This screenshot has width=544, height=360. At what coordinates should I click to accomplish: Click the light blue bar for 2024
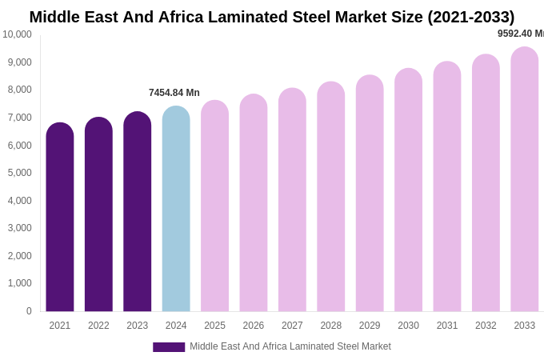point(176,209)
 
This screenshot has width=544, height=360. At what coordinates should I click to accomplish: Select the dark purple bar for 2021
point(60,217)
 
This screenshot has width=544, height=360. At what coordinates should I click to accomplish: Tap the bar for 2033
point(524,179)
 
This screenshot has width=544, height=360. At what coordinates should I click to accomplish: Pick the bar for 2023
point(138,211)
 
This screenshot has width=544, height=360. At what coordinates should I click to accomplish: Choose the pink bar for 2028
point(331,197)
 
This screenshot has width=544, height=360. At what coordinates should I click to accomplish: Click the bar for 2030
point(408,190)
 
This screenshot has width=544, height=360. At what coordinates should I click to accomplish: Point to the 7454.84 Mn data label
point(174,93)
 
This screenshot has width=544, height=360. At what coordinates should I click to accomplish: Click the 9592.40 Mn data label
point(520,34)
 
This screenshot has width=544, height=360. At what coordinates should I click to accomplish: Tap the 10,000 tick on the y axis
point(17,34)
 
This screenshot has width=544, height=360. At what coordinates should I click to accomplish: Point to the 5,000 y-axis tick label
point(19,173)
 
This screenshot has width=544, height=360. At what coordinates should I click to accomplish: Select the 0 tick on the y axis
point(29,311)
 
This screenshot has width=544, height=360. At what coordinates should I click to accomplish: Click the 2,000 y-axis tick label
point(19,256)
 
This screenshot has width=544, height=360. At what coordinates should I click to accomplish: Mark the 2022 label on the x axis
point(98,326)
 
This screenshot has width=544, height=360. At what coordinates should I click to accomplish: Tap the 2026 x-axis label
point(254,326)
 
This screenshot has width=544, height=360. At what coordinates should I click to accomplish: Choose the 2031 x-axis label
point(447,326)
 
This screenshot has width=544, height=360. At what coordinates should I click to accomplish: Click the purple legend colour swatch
point(169,347)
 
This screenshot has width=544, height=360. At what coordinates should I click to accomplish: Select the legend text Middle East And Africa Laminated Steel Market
point(290,346)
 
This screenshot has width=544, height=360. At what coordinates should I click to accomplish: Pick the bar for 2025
point(214,206)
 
